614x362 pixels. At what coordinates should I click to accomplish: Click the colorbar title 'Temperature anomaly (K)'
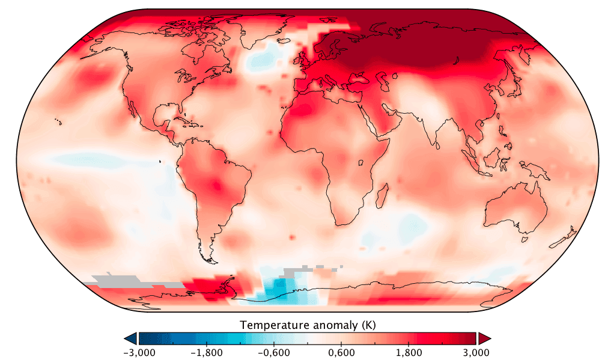308,325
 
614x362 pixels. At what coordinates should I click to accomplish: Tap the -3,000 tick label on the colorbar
139,352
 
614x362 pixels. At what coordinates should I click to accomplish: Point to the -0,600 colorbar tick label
273,352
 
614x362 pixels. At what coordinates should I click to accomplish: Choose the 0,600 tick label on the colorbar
341,352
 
